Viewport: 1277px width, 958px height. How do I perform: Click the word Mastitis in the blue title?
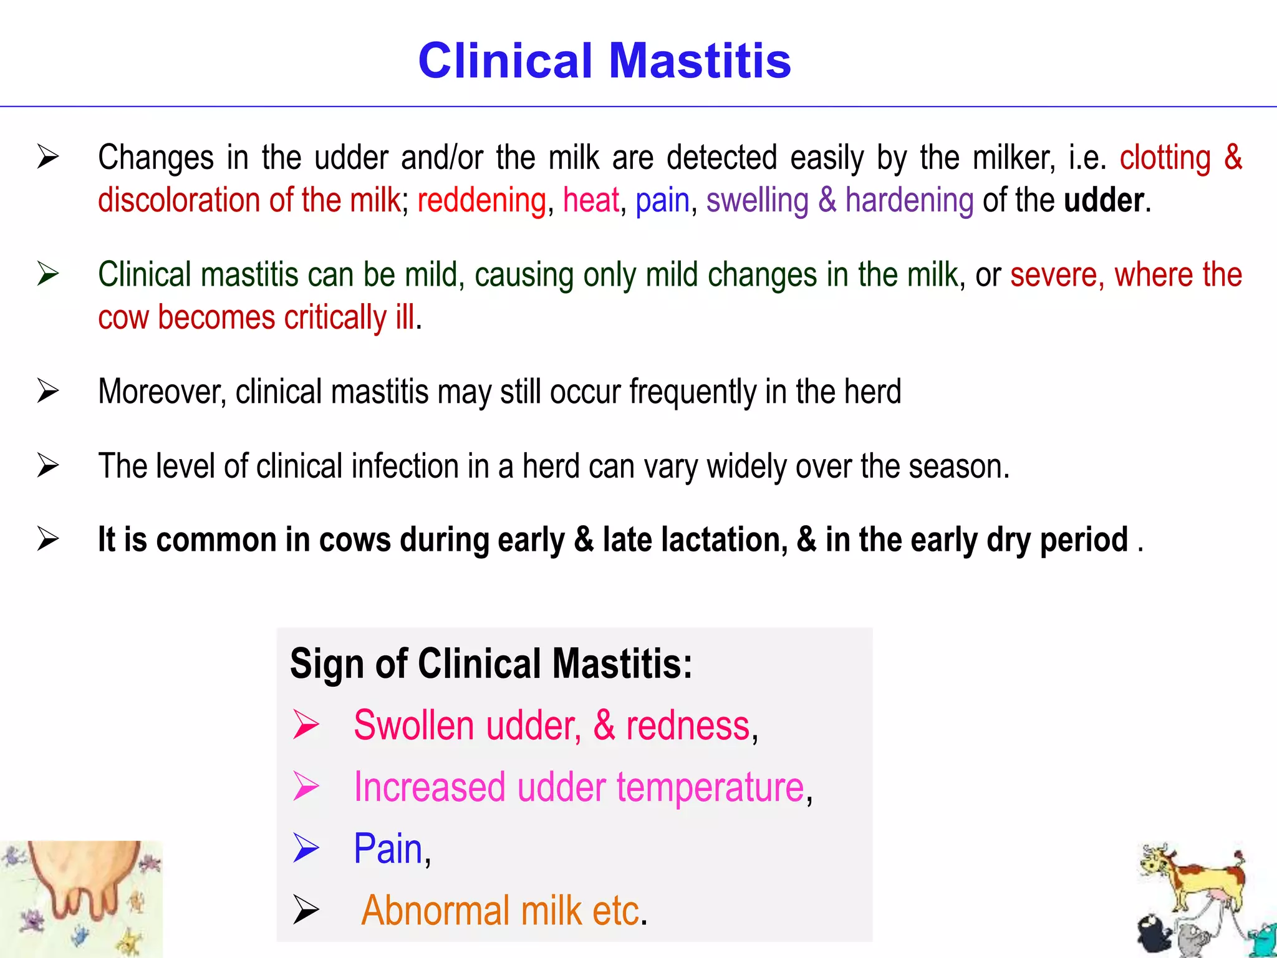tap(700, 61)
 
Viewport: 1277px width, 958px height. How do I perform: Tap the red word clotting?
tap(1165, 158)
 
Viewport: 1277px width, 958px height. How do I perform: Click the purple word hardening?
tap(909, 201)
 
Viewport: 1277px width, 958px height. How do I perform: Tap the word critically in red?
tap(335, 318)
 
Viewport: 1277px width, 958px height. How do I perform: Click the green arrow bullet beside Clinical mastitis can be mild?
tap(48, 274)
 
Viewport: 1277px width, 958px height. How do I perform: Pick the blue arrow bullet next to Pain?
tap(306, 848)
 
